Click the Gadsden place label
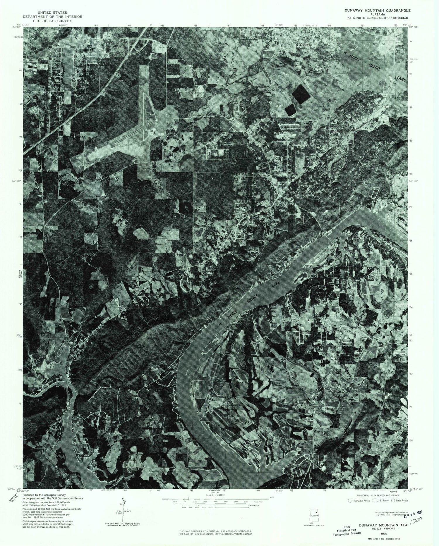coord(304,45)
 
